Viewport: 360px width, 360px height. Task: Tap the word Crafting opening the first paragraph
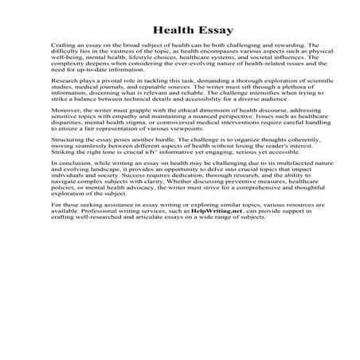61,47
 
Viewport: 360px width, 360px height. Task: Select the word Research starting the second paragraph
62,81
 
